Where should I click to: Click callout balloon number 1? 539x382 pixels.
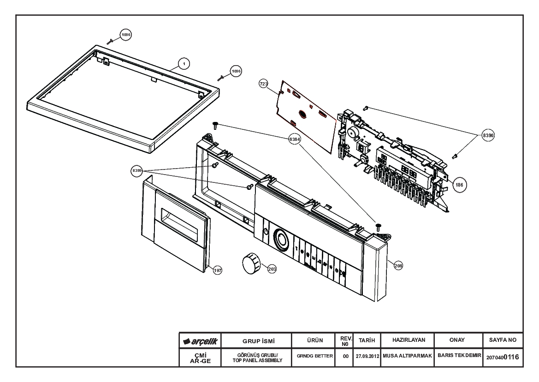point(184,64)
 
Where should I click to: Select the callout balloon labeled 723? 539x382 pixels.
point(264,84)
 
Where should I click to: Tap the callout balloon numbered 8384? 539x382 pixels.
point(295,139)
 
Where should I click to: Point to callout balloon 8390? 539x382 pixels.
point(488,135)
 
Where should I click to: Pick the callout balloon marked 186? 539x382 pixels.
point(459,185)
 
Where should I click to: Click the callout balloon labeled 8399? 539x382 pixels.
point(137,170)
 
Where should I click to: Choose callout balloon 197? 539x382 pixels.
point(218,270)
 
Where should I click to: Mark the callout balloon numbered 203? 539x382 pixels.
point(272,269)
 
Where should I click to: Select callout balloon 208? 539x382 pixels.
point(398,266)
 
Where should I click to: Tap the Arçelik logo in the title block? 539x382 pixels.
point(201,341)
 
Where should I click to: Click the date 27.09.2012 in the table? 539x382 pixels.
point(367,357)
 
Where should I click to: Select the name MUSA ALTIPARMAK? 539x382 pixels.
point(407,356)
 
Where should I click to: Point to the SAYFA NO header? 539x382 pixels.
point(503,340)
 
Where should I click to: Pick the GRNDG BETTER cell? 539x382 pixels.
point(314,356)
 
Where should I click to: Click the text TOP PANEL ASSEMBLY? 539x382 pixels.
point(257,360)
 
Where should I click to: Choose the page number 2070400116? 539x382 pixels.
point(503,357)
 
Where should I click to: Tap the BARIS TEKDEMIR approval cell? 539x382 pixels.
point(459,355)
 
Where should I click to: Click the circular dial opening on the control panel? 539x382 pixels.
point(282,239)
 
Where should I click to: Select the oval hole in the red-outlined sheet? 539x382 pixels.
point(302,115)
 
